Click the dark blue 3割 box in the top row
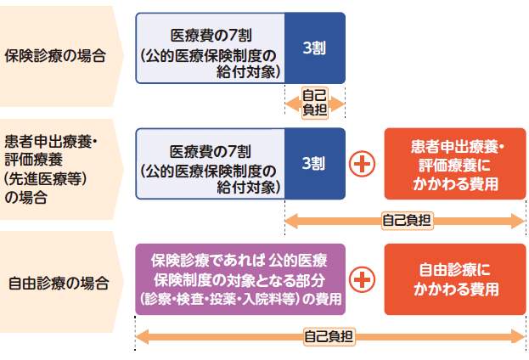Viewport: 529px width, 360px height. tap(315, 48)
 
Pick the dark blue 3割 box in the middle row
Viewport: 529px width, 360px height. tap(315, 163)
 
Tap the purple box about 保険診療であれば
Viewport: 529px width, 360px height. tap(240, 278)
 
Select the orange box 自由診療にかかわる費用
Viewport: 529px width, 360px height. tap(455, 278)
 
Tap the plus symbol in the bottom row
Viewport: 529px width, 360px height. tap(363, 278)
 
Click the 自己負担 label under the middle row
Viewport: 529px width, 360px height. tap(407, 220)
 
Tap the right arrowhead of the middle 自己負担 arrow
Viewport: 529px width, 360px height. tap(519, 220)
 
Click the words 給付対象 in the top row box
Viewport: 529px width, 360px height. tap(249, 72)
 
